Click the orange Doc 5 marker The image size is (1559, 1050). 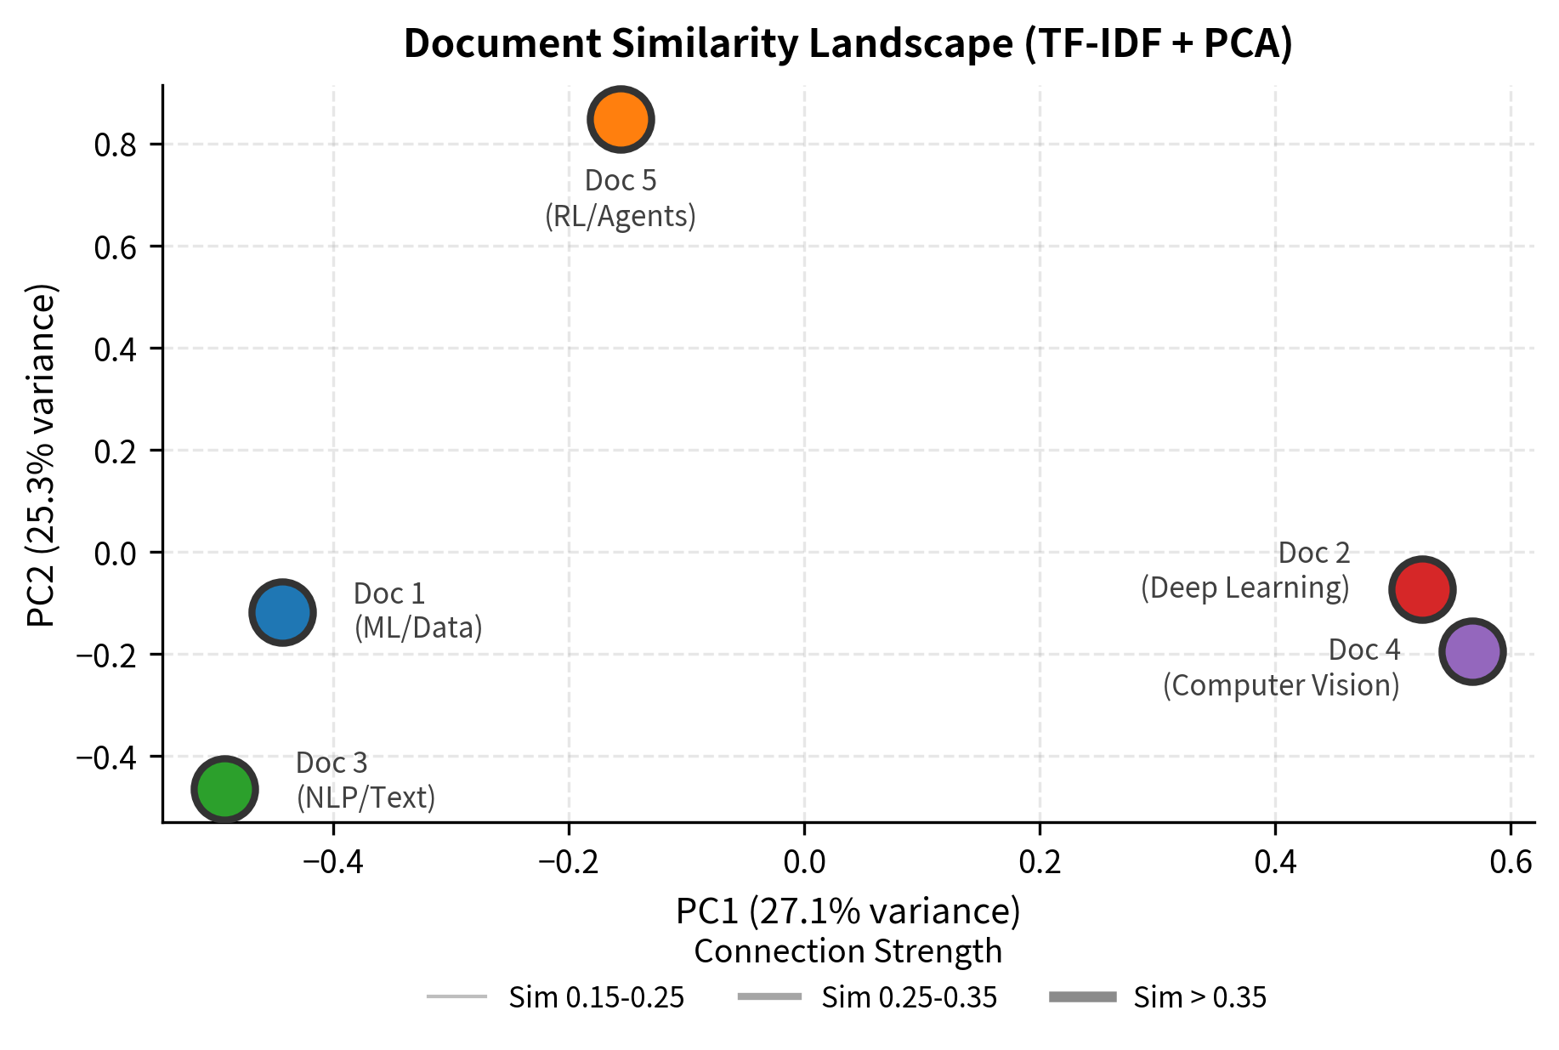(x=621, y=119)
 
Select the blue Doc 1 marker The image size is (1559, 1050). (x=282, y=612)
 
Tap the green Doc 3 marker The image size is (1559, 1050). (x=224, y=789)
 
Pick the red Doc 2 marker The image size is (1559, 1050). (x=1422, y=589)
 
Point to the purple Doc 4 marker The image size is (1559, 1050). (x=1472, y=651)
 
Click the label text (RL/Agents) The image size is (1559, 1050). (x=620, y=216)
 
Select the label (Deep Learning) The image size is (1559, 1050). (x=1244, y=587)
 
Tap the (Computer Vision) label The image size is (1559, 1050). (x=1280, y=685)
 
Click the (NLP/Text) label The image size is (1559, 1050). (x=366, y=797)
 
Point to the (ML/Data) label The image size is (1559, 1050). (x=417, y=627)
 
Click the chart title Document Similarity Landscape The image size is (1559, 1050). (x=848, y=44)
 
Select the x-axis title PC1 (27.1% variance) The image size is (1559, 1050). (x=848, y=911)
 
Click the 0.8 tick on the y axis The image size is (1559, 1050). (x=115, y=145)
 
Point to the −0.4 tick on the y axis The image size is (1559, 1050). (x=106, y=757)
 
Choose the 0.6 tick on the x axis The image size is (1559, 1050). (x=1511, y=862)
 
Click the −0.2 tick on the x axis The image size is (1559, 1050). (x=569, y=862)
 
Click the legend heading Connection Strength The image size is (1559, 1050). (x=848, y=951)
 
